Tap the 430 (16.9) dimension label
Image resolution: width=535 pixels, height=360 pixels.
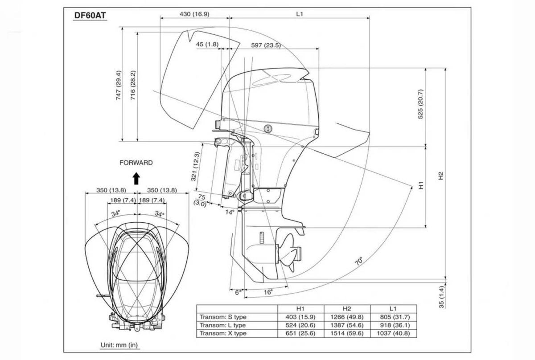(x=194, y=14)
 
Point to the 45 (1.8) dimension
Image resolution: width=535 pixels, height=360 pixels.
(x=207, y=45)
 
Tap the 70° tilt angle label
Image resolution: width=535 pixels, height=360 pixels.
(x=359, y=261)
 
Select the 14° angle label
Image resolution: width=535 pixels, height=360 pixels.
(x=229, y=213)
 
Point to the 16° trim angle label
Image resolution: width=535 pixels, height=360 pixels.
(x=267, y=292)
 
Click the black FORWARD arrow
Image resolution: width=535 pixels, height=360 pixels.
(x=136, y=178)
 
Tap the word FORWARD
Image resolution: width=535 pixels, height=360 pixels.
(x=136, y=163)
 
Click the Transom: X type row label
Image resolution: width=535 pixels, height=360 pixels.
(x=223, y=333)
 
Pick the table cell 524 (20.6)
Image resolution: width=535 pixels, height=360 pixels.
(x=300, y=325)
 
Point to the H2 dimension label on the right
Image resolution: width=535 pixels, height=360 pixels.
(x=441, y=176)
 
